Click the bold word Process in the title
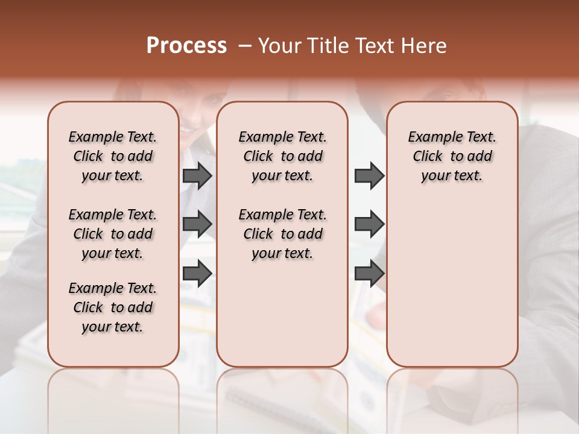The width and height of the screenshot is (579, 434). pyautogui.click(x=186, y=46)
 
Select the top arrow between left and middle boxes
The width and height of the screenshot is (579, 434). pyautogui.click(x=197, y=175)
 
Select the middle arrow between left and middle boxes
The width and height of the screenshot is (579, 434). pyautogui.click(x=197, y=224)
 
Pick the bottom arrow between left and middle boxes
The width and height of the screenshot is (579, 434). pyautogui.click(x=197, y=272)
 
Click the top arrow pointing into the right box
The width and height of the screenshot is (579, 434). pyautogui.click(x=369, y=175)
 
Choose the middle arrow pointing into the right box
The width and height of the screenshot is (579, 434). pyautogui.click(x=369, y=224)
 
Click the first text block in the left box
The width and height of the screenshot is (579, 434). pyautogui.click(x=112, y=156)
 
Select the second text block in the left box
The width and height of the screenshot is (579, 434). pyautogui.click(x=112, y=234)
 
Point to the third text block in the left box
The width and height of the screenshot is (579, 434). pyautogui.click(x=112, y=307)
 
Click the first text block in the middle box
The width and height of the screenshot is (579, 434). pyautogui.click(x=282, y=156)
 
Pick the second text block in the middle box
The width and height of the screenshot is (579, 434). pyautogui.click(x=282, y=234)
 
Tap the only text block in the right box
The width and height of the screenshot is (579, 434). pyautogui.click(x=452, y=156)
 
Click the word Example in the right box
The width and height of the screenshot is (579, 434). pyautogui.click(x=433, y=137)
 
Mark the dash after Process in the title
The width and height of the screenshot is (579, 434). pyautogui.click(x=245, y=46)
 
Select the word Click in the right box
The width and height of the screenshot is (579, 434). pyautogui.click(x=428, y=157)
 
